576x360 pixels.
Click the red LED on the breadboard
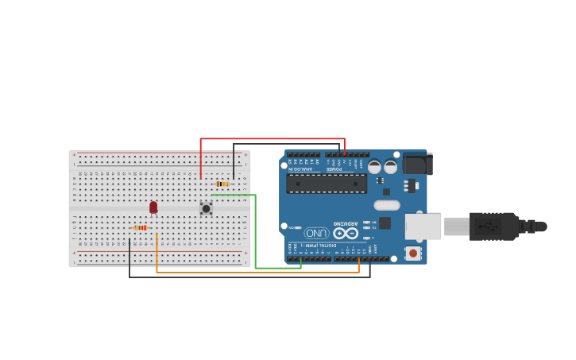pyautogui.click(x=153, y=207)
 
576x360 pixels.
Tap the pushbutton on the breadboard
pyautogui.click(x=206, y=208)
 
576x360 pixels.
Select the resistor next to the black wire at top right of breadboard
pyautogui.click(x=222, y=184)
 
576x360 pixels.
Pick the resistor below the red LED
pyautogui.click(x=140, y=227)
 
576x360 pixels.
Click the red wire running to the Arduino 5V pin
pyautogui.click(x=270, y=139)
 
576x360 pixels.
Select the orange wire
pyautogui.click(x=254, y=273)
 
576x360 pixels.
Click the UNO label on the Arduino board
pyautogui.click(x=317, y=233)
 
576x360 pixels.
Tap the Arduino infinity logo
pyautogui.click(x=346, y=233)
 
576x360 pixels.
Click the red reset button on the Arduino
pyautogui.click(x=412, y=253)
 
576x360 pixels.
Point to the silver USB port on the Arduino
pyautogui.click(x=423, y=226)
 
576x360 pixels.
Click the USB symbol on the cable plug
pyautogui.click(x=489, y=226)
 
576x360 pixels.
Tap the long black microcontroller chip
pyautogui.click(x=327, y=184)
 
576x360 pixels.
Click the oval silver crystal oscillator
pyautogui.click(x=387, y=205)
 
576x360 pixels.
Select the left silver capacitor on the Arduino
pyautogui.click(x=374, y=167)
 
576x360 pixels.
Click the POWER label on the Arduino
pyautogui.click(x=335, y=168)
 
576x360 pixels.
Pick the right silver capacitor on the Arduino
pyautogui.click(x=390, y=167)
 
